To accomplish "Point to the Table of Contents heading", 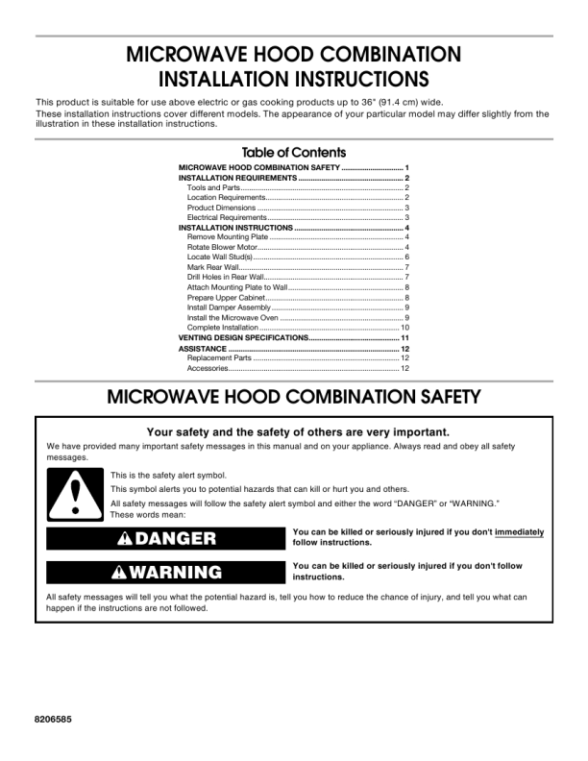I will tap(294, 153).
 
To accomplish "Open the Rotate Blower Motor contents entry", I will tap(216, 248).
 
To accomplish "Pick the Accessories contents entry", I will tap(208, 368).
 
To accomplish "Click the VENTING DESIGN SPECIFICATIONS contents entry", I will tap(242, 338).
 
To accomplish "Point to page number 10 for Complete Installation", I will tap(405, 328).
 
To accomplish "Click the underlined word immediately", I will tap(519, 532).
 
